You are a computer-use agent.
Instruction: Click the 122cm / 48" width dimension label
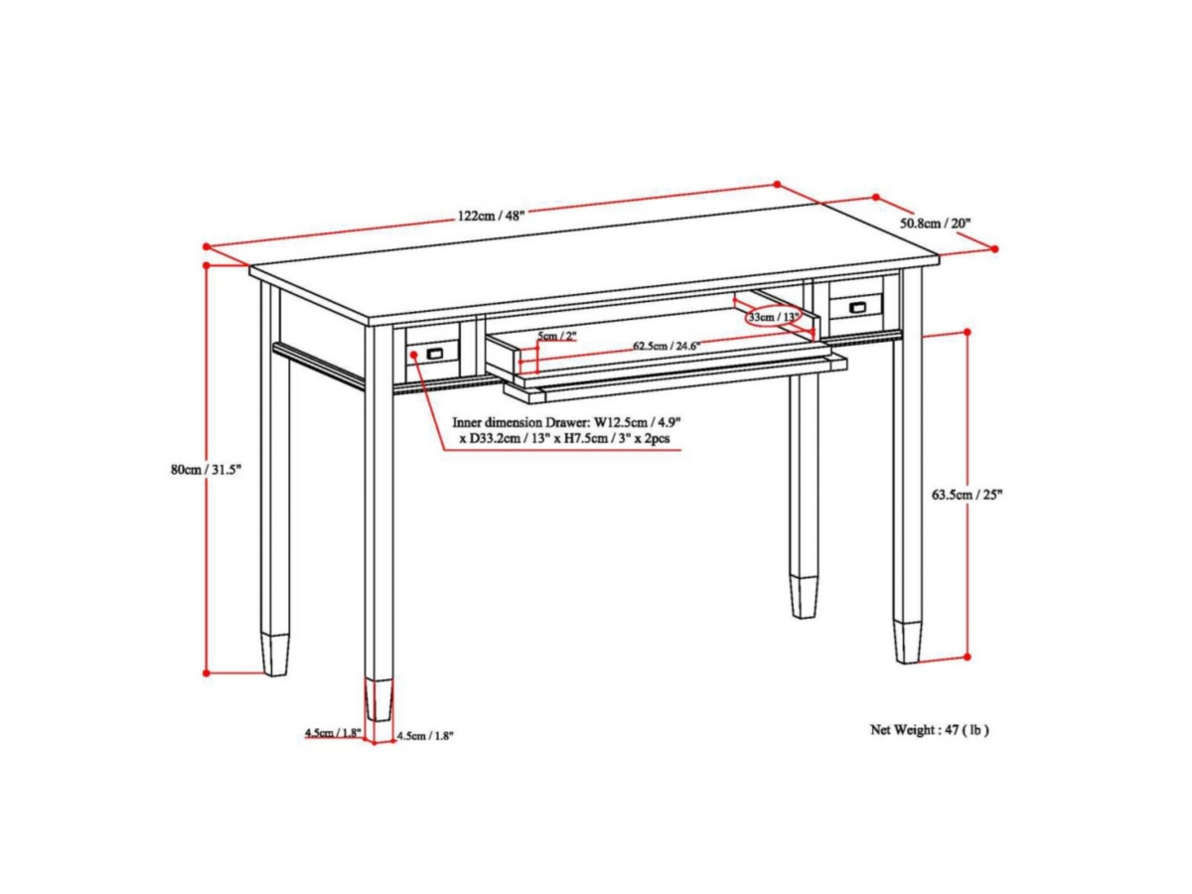491,216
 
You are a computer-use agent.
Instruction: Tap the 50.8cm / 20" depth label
935,223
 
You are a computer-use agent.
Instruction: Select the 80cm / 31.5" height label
206,470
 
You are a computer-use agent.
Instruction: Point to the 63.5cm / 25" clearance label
968,495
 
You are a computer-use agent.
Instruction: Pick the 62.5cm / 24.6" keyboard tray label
667,346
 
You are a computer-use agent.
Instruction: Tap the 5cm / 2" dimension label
556,336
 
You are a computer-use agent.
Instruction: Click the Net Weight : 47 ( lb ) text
929,730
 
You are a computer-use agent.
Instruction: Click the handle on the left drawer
435,354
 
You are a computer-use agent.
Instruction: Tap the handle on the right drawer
857,307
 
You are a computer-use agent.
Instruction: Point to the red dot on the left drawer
414,354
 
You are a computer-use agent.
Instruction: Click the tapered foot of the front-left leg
378,699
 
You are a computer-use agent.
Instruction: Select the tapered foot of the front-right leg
907,643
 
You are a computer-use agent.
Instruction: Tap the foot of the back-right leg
805,597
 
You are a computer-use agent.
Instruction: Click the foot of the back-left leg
275,654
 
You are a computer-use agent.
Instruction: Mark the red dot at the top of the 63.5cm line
968,332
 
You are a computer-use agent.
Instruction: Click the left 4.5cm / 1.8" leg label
333,732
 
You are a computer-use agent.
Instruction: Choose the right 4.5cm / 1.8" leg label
425,736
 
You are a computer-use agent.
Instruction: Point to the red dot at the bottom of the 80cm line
207,673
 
